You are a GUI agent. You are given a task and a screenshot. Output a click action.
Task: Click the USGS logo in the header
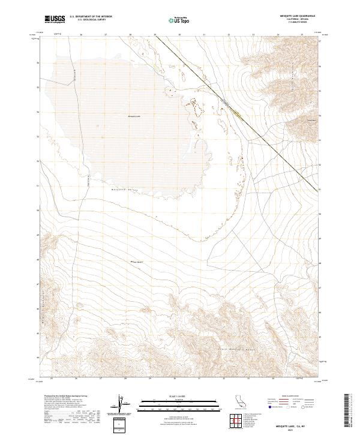point(55,19)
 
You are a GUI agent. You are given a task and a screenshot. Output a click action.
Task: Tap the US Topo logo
point(180,20)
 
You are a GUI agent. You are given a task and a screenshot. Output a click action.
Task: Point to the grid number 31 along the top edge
point(204,35)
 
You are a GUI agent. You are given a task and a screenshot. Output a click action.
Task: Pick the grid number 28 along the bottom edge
point(125,379)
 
